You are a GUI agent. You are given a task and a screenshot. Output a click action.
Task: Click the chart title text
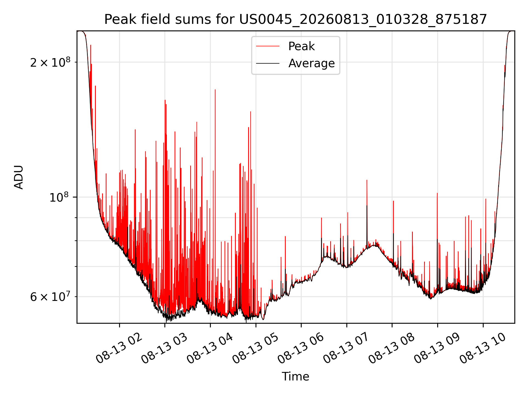point(296,19)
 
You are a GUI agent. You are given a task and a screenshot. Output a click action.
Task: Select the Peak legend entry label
point(301,46)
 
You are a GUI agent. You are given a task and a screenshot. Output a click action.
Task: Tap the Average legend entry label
point(312,63)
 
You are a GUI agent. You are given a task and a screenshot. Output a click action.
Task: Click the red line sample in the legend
point(268,46)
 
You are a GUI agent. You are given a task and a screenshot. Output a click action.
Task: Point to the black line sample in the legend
point(268,63)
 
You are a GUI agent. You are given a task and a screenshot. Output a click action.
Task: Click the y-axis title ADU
point(19,177)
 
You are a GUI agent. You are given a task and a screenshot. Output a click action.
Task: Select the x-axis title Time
point(296,377)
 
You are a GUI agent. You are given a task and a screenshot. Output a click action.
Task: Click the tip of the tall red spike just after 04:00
point(215,90)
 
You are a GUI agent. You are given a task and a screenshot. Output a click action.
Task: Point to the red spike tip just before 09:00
point(437,193)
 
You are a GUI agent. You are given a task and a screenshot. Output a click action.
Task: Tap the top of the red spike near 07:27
point(367,180)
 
